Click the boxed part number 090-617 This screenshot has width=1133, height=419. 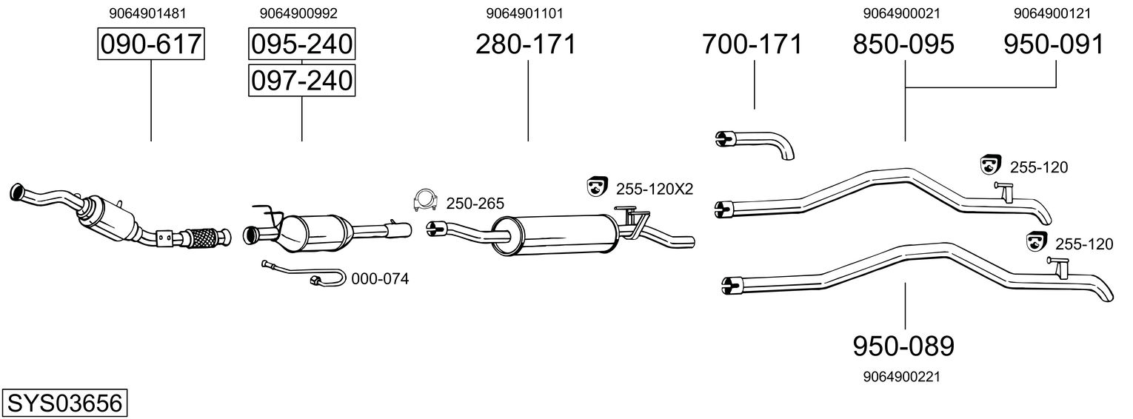[151, 45]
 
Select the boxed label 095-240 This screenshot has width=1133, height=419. [301, 45]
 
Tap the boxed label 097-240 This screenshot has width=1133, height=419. [301, 80]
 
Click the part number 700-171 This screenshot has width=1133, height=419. [752, 45]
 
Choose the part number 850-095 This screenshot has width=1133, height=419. [903, 45]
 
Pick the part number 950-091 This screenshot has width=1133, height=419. [1053, 45]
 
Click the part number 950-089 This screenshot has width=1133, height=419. [903, 346]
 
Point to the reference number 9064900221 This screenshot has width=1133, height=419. [901, 377]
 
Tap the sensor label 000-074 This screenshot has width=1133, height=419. [379, 279]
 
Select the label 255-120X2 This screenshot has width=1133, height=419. [654, 189]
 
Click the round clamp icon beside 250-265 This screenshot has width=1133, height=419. [425, 200]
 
